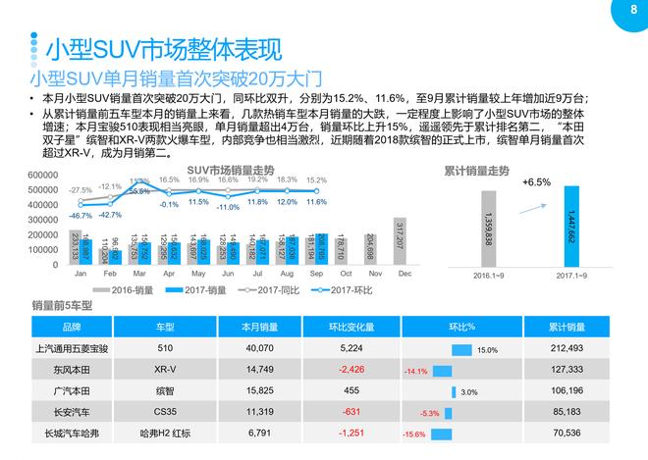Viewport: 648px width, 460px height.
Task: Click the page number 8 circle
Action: [618, 12]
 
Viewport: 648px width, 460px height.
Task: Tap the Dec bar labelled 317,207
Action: [399, 240]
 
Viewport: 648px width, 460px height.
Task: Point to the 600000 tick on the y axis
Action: [48, 176]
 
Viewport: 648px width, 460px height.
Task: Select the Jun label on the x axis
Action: [227, 276]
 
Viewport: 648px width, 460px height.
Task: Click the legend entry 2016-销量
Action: [131, 290]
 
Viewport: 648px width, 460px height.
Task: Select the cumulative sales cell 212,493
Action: [567, 348]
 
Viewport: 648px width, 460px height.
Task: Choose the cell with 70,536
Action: [567, 433]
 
